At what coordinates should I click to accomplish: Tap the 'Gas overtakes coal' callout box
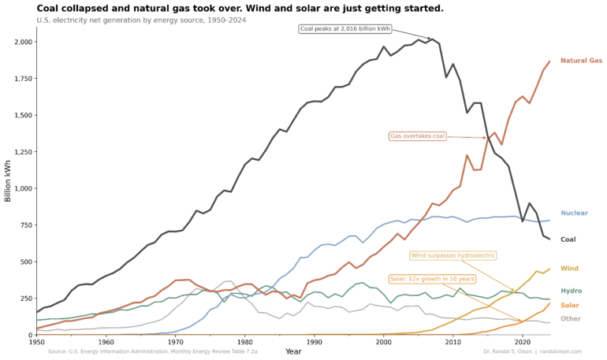coord(418,136)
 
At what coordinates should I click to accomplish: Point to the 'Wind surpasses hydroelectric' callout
coord(453,255)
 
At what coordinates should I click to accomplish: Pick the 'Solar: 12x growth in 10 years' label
coord(433,279)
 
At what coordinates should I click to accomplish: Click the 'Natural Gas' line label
coord(581,61)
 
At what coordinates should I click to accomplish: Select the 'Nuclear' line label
coord(574,213)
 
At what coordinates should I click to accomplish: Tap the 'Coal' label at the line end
coord(568,239)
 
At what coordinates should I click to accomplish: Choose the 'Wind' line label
coord(569,269)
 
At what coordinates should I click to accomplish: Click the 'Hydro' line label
coord(571,291)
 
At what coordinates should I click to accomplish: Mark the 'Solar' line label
coord(571,305)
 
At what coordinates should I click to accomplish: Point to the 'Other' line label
coord(571,318)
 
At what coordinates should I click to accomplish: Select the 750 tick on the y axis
coord(24,225)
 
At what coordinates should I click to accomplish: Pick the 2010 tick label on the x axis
coord(453,343)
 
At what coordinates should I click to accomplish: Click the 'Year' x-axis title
coord(293,351)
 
